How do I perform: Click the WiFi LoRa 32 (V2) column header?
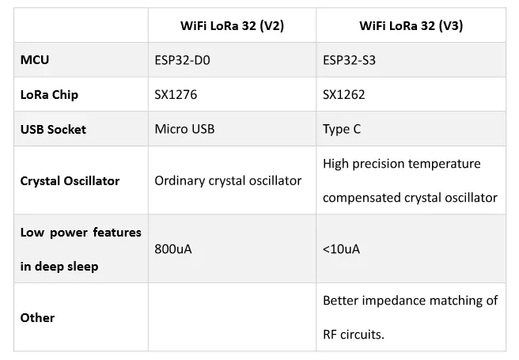tap(232, 25)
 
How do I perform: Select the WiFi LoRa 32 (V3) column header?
tap(411, 25)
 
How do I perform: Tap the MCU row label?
tap(35, 59)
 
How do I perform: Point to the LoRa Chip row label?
tap(49, 94)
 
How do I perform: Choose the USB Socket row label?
tap(53, 129)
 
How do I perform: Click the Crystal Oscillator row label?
tap(70, 180)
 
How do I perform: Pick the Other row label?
tap(37, 317)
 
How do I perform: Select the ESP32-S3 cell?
tap(349, 59)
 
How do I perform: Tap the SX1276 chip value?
tap(176, 94)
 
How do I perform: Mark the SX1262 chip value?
tap(344, 94)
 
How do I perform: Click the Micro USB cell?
tap(184, 129)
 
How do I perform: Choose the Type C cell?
tap(342, 129)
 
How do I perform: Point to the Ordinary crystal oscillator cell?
tap(228, 180)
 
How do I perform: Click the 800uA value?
tap(173, 249)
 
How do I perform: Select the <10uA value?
tap(342, 249)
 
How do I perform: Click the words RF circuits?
tap(353, 334)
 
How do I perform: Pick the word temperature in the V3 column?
tap(444, 164)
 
